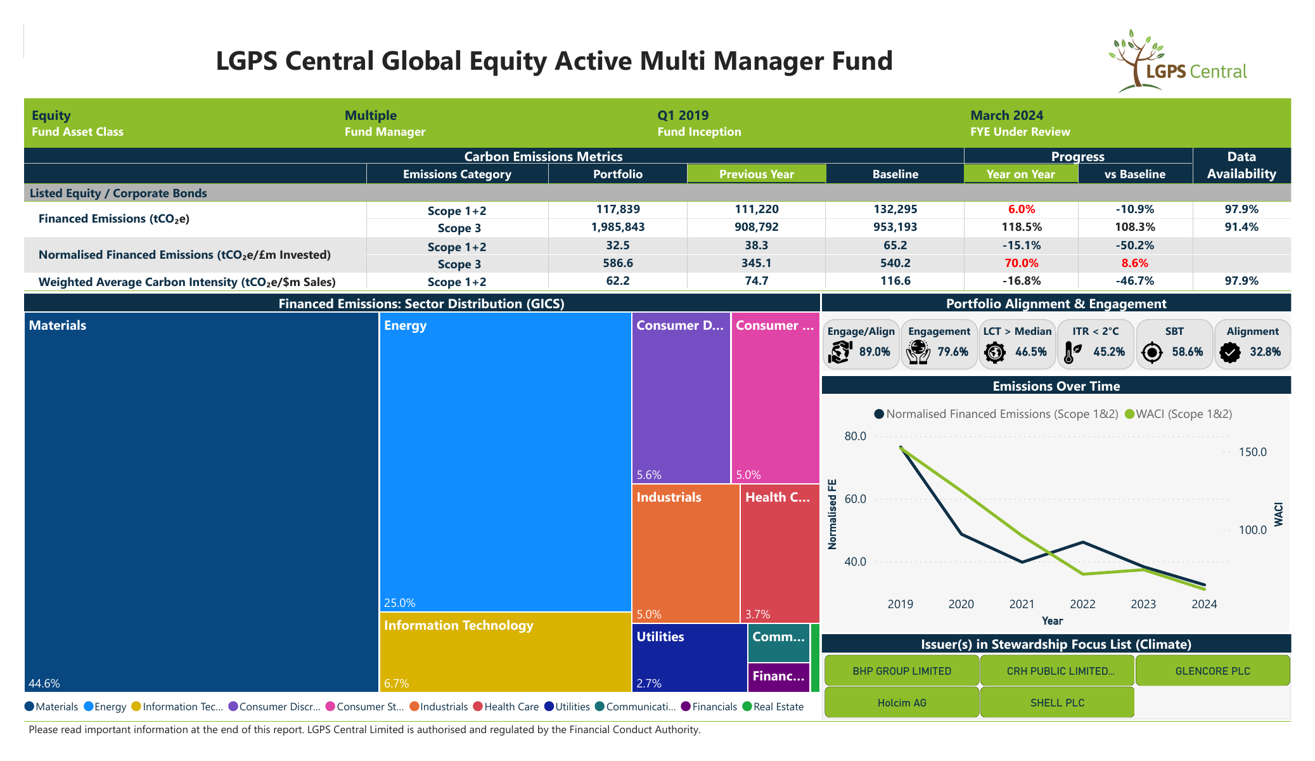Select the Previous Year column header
[x=756, y=174]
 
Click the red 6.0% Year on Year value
[x=1021, y=209]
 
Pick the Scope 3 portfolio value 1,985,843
[x=617, y=227]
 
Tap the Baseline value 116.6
[x=895, y=281]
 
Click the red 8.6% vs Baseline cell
[x=1134, y=263]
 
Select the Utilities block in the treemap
[x=690, y=658]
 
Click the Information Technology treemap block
[x=505, y=652]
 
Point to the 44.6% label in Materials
[x=44, y=684]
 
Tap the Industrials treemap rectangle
[x=686, y=554]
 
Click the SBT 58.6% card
[x=1174, y=344]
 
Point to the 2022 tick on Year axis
[x=1082, y=604]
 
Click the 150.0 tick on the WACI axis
[x=1253, y=452]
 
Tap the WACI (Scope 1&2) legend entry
[x=1179, y=414]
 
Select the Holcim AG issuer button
[x=902, y=703]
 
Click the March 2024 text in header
[x=1006, y=115]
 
